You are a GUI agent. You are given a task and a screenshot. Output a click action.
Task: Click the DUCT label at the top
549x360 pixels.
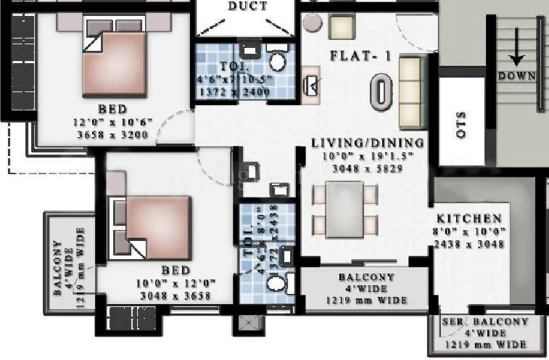click(248, 7)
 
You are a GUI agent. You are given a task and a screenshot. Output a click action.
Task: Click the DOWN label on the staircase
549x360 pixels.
click(516, 75)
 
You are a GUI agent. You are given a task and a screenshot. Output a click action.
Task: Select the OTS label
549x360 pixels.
click(461, 124)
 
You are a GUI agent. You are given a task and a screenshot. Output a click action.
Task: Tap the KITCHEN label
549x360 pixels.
click(468, 218)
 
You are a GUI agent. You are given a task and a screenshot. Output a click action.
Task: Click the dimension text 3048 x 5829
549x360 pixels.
click(367, 166)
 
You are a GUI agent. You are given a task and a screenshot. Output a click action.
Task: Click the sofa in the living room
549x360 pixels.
click(410, 90)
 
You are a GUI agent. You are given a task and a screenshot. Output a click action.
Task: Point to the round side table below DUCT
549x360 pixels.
click(313, 22)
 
